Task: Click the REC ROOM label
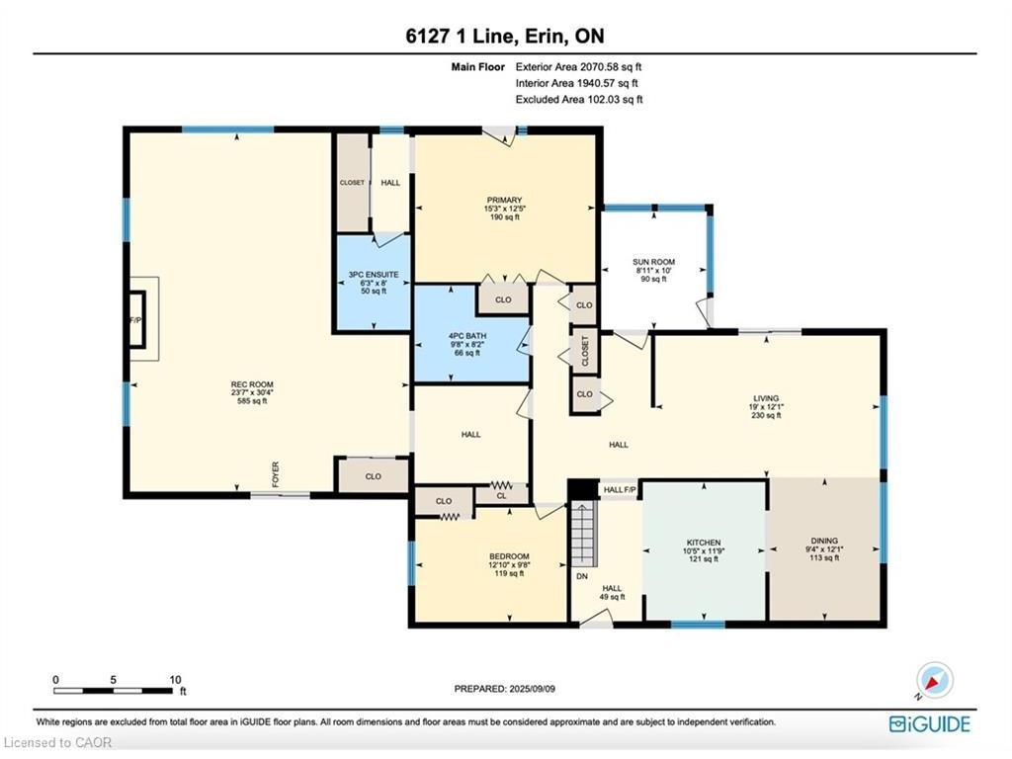point(252,384)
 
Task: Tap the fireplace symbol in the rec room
point(136,319)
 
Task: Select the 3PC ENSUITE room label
point(374,275)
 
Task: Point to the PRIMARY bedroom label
point(504,200)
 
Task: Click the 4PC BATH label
point(467,336)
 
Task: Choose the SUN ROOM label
point(654,262)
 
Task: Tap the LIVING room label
point(766,398)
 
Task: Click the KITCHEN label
point(704,543)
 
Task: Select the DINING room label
point(824,541)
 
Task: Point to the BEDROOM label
point(509,556)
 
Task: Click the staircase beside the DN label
point(583,533)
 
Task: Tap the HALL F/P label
point(620,490)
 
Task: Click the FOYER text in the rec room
point(276,474)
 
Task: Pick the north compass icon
point(935,680)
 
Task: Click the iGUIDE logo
point(929,723)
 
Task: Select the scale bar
point(114,691)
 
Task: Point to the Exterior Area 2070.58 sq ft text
point(578,66)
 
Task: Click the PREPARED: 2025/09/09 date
point(505,689)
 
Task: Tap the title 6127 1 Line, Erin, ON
point(505,36)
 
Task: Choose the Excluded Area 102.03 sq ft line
point(579,100)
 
